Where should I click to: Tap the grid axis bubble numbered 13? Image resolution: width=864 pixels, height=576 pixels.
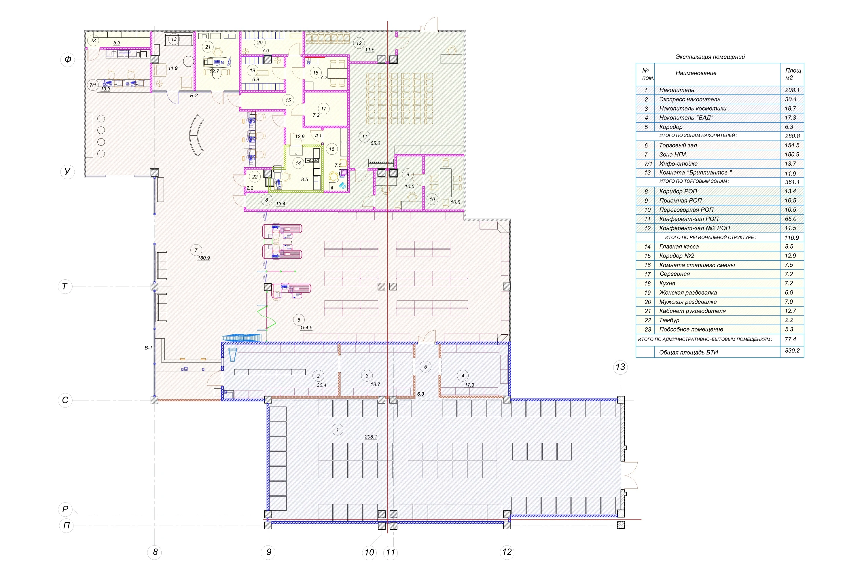[620, 367]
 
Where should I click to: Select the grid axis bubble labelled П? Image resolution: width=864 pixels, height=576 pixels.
[67, 525]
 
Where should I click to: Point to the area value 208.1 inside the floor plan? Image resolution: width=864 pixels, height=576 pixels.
[371, 437]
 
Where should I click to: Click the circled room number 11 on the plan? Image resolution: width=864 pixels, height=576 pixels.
[364, 137]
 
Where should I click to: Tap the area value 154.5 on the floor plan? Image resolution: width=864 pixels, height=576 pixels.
[306, 328]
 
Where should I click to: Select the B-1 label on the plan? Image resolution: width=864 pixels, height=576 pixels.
[148, 348]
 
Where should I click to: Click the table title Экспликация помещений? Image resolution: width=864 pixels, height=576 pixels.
[710, 57]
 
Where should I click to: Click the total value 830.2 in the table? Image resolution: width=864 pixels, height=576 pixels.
[792, 350]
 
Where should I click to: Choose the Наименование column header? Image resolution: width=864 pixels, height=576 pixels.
[696, 73]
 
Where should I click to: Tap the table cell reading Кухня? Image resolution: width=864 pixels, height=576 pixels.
[667, 283]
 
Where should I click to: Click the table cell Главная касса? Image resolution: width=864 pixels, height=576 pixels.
[679, 247]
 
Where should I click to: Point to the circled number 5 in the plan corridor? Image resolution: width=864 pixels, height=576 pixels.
[425, 367]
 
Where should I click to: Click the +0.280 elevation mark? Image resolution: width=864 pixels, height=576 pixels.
[312, 160]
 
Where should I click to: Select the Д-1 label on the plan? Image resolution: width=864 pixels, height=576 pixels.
[318, 136]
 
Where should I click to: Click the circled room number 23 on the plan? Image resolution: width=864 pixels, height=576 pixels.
[93, 40]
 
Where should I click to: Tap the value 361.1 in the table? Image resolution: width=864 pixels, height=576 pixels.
[792, 182]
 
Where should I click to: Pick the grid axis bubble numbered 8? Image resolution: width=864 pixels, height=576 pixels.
[155, 552]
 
